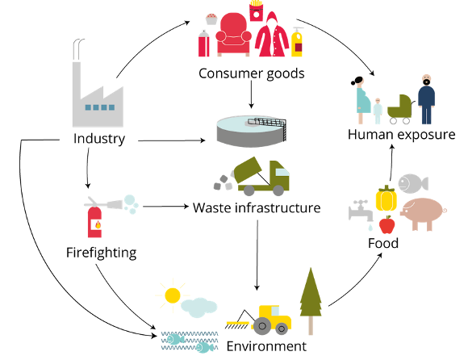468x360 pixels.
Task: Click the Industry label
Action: pyautogui.click(x=99, y=139)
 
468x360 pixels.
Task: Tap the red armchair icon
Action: pyautogui.click(x=233, y=35)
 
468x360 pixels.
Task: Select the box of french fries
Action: pyautogui.click(x=256, y=11)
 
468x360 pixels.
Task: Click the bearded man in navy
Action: pyautogui.click(x=426, y=99)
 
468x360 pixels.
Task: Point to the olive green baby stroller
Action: pyautogui.click(x=400, y=109)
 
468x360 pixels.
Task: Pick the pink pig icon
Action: pyautogui.click(x=423, y=214)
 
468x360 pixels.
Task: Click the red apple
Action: pyautogui.click(x=387, y=224)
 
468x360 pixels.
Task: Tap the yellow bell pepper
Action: pyautogui.click(x=387, y=199)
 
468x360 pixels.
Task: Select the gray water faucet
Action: pyautogui.click(x=361, y=211)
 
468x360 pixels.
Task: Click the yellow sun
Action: pyautogui.click(x=173, y=295)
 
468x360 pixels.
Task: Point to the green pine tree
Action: pyautogui.click(x=311, y=301)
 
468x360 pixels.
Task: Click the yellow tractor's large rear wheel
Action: pyautogui.click(x=261, y=326)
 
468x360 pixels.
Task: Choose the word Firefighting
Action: pyautogui.click(x=101, y=253)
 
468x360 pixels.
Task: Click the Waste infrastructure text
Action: pyautogui.click(x=257, y=207)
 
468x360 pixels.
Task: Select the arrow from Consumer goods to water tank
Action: pyautogui.click(x=251, y=94)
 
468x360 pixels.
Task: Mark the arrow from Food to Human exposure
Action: pyautogui.click(x=391, y=163)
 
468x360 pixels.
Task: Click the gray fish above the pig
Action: pyautogui.click(x=413, y=183)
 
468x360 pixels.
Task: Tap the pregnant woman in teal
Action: pyautogui.click(x=361, y=100)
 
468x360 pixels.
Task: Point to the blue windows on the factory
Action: pyautogui.click(x=100, y=107)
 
